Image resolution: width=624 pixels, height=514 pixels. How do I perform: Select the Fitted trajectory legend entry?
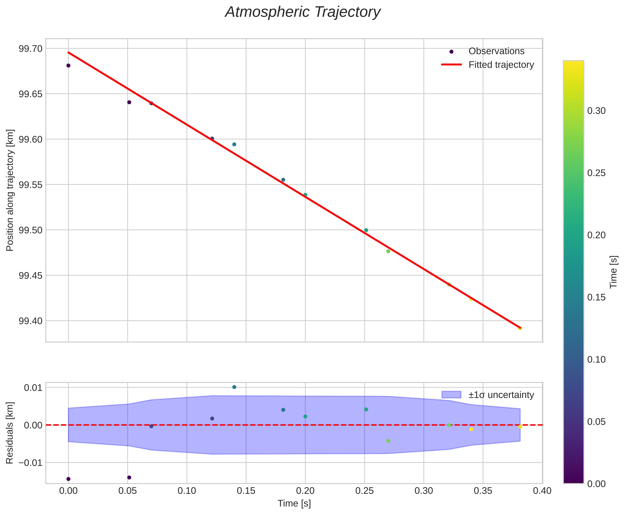coord(501,65)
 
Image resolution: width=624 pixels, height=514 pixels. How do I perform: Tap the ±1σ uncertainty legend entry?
coord(501,395)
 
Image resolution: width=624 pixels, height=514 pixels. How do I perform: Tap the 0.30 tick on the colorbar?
coord(596,111)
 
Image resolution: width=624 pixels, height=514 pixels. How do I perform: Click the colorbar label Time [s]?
coord(614,272)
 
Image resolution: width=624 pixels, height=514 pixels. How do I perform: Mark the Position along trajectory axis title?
coord(10,190)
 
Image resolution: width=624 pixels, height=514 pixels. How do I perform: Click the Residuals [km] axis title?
coord(10,433)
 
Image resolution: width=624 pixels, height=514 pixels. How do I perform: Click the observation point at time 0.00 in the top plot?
coord(68,65)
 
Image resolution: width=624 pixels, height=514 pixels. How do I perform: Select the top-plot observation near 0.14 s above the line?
coord(234,144)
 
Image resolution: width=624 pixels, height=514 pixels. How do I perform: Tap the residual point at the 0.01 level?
coord(234,387)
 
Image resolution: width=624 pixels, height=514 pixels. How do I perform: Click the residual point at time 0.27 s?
coord(388,441)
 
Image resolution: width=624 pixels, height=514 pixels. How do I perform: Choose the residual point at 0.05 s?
coord(129,477)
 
